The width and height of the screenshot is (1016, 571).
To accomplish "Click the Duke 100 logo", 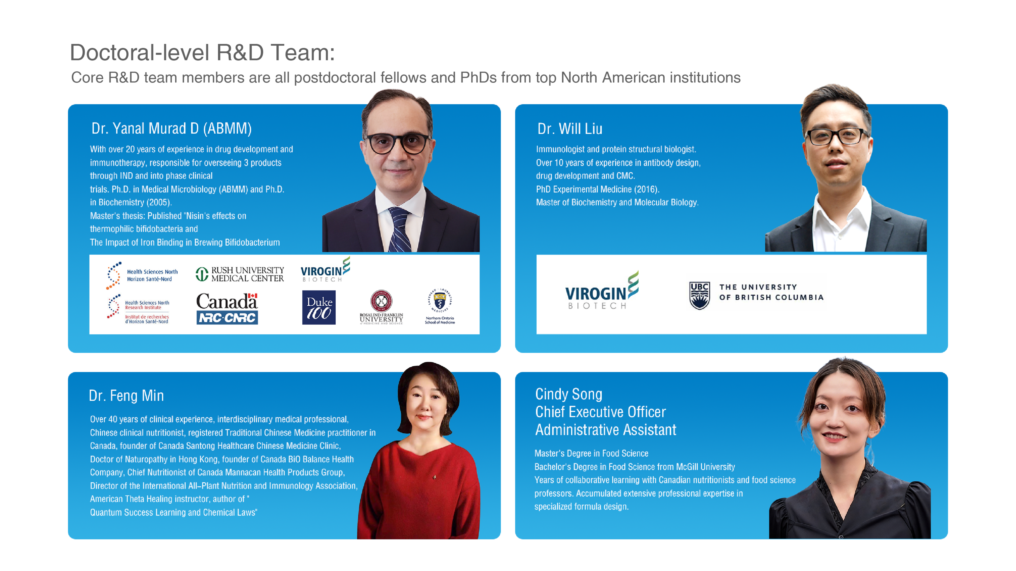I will [319, 307].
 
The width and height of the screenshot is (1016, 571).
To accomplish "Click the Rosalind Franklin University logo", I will [381, 307].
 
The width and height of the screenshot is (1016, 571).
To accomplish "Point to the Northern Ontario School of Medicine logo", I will [440, 307].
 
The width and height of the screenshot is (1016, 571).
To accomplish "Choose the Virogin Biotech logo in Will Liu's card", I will [601, 291].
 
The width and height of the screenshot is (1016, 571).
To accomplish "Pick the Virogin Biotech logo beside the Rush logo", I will [325, 270].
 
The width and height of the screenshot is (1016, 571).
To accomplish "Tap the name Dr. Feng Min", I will [126, 396].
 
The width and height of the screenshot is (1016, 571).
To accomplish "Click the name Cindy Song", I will [568, 394].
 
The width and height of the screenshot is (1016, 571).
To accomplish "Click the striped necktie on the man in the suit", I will [399, 229].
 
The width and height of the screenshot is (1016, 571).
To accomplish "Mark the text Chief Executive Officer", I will [600, 412].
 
